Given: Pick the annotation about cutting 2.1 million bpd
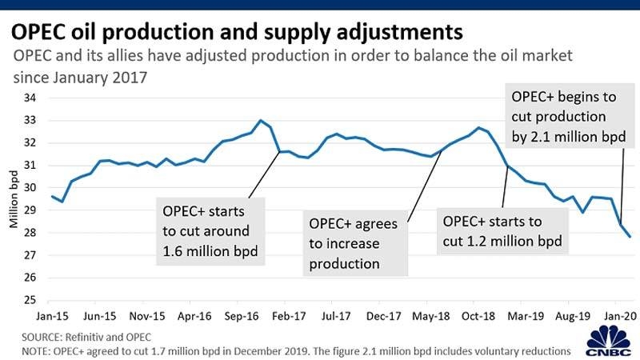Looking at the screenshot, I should click(x=563, y=118).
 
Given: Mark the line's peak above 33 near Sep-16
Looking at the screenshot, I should click(x=261, y=121).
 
